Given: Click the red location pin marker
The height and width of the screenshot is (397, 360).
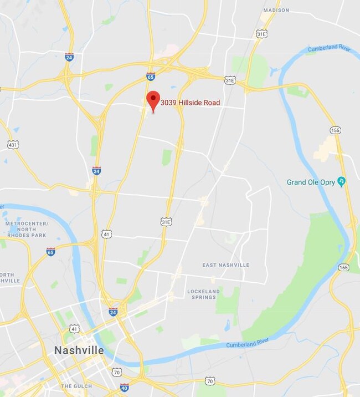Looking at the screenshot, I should [153, 100].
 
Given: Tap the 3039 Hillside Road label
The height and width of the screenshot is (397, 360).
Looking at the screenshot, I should [190, 103].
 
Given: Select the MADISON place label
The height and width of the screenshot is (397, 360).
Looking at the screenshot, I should [276, 10].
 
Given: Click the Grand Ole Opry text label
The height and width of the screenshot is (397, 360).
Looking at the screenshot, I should [311, 182].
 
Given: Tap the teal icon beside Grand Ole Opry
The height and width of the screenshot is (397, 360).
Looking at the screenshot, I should [342, 181].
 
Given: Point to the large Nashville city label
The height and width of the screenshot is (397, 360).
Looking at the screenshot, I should [79, 350].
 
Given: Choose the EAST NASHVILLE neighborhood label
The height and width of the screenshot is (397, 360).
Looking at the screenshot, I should [225, 265].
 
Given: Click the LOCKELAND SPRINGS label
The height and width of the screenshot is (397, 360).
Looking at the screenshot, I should [203, 294].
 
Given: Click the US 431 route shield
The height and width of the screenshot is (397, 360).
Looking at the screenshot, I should [13, 145].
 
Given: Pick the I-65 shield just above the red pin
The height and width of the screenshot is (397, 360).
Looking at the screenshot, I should [151, 76].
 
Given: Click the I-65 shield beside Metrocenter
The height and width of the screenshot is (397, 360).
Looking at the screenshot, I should [51, 252].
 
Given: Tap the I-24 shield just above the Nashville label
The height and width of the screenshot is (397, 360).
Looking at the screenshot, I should [113, 312].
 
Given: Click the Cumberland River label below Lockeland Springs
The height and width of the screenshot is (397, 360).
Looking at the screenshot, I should [248, 345].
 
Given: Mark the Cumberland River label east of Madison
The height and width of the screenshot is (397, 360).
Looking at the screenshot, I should [330, 49].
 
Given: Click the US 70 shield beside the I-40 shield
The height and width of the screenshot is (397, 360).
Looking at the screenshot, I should [116, 371].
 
